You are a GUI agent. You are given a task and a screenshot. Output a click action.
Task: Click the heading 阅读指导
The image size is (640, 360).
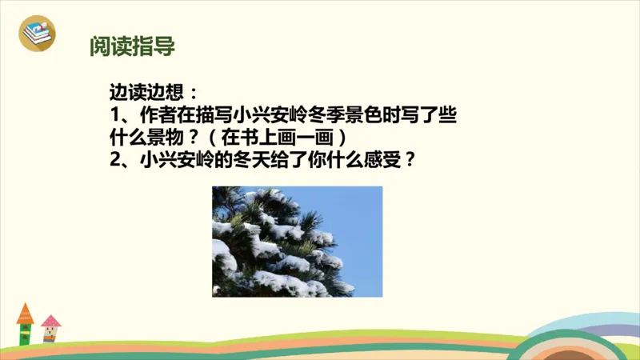132,46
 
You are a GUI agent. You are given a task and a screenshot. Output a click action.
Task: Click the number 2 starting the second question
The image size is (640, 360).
115,158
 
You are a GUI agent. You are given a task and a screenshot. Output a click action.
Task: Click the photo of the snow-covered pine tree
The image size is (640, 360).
297,241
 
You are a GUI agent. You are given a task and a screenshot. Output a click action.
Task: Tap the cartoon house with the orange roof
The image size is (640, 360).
25,324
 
